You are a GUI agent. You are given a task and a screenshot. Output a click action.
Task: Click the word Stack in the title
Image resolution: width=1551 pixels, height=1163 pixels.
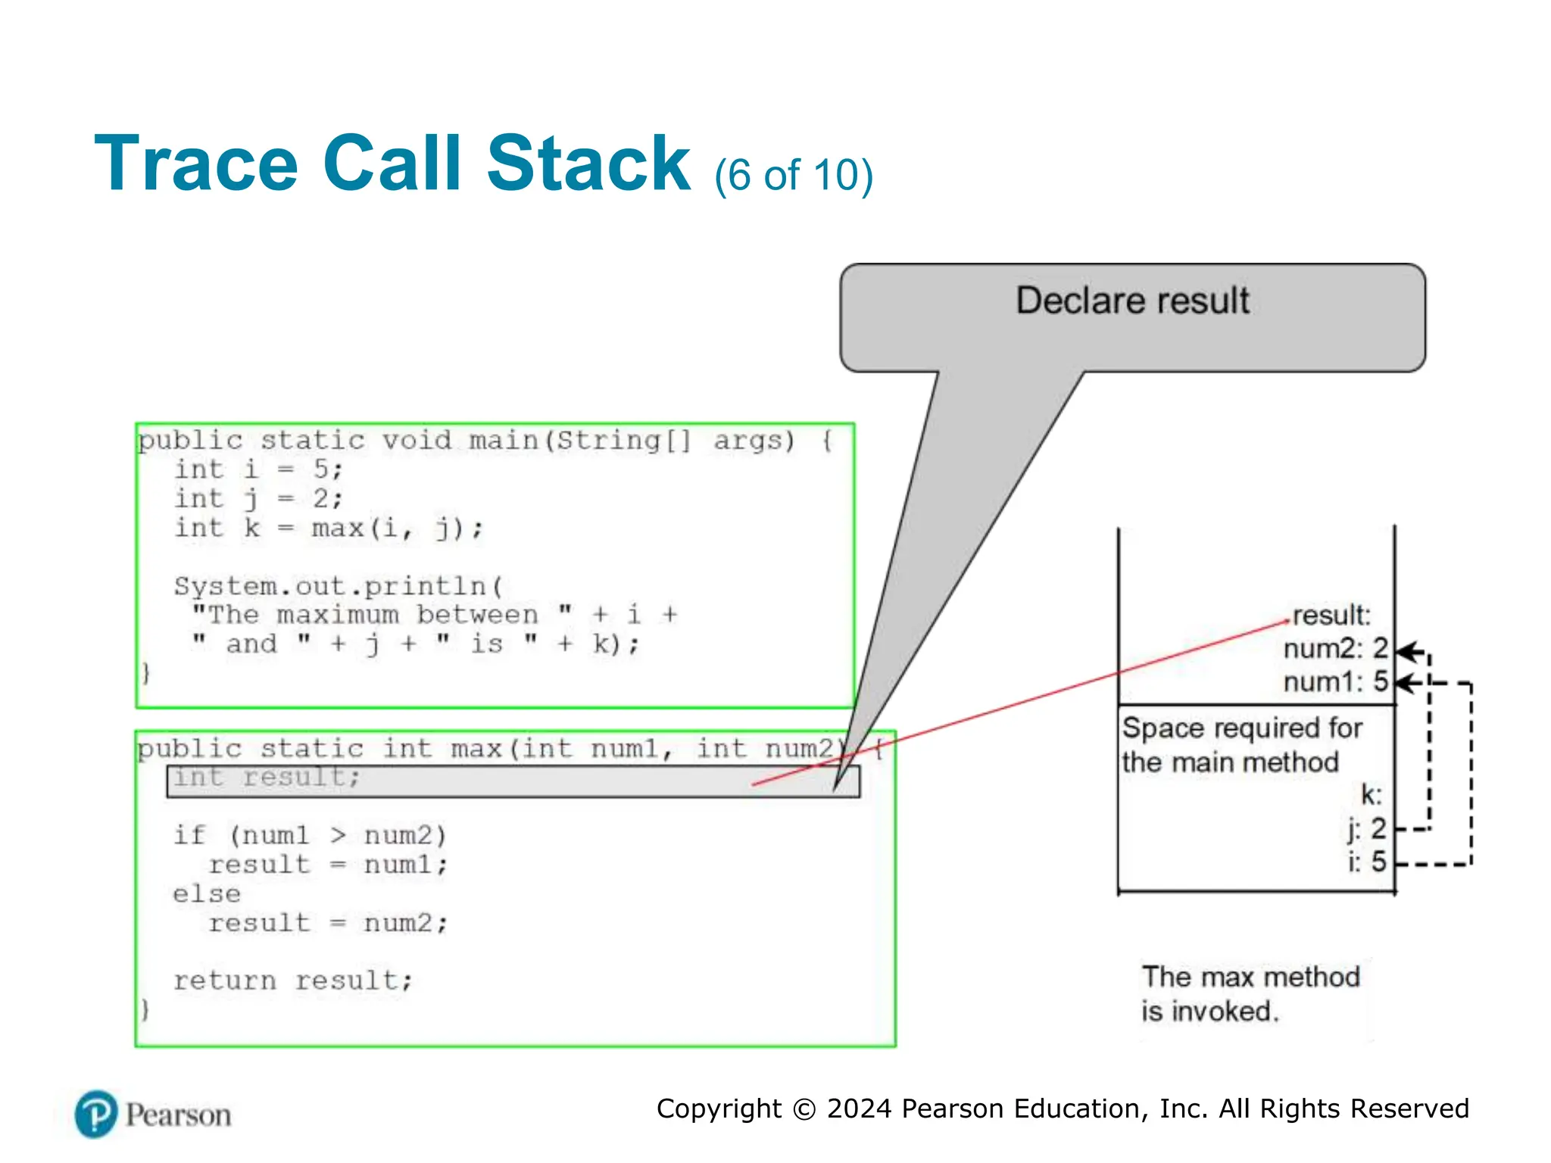pos(588,164)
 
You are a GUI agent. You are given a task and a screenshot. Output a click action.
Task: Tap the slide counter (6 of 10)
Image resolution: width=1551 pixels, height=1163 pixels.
pos(793,176)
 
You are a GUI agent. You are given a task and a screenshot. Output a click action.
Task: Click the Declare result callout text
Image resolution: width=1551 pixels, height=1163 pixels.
pos(1132,301)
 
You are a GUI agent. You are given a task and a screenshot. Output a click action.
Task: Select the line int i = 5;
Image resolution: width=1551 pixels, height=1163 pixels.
pos(259,469)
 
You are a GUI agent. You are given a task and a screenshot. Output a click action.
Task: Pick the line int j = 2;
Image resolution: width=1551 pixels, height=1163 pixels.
pos(259,499)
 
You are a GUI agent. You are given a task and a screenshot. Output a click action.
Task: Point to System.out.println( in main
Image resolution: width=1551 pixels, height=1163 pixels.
pos(338,586)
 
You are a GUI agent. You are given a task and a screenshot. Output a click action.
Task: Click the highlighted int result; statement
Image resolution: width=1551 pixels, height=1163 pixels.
pos(267,778)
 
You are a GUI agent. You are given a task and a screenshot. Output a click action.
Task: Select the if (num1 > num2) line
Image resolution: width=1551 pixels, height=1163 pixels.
pos(310,835)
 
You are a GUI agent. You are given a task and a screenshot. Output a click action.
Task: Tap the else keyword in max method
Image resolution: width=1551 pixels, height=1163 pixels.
pos(207,894)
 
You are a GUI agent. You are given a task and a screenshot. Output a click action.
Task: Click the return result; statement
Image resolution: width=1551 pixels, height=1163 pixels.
pos(293,981)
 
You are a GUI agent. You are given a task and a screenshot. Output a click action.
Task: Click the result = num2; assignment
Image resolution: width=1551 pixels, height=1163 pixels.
pos(328,923)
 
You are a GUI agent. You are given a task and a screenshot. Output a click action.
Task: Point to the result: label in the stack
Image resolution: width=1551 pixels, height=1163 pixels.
pos(1331,616)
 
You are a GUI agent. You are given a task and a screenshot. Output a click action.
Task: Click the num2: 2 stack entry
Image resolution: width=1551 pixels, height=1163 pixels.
pos(1335,649)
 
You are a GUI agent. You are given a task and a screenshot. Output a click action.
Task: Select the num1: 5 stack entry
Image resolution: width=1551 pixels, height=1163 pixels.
pos(1335,682)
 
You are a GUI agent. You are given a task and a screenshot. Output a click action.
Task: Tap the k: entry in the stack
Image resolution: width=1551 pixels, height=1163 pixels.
pos(1371,795)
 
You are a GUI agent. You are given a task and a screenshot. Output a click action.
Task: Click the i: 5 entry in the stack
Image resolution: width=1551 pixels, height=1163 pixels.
pos(1367,862)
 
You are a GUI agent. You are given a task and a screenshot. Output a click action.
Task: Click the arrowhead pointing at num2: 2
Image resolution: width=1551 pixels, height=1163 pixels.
pos(1406,651)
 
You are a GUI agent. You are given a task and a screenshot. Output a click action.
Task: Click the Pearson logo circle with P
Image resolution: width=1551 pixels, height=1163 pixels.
pos(96,1115)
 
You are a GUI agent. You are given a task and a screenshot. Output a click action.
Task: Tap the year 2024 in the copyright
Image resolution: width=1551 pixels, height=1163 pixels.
pos(860,1109)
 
